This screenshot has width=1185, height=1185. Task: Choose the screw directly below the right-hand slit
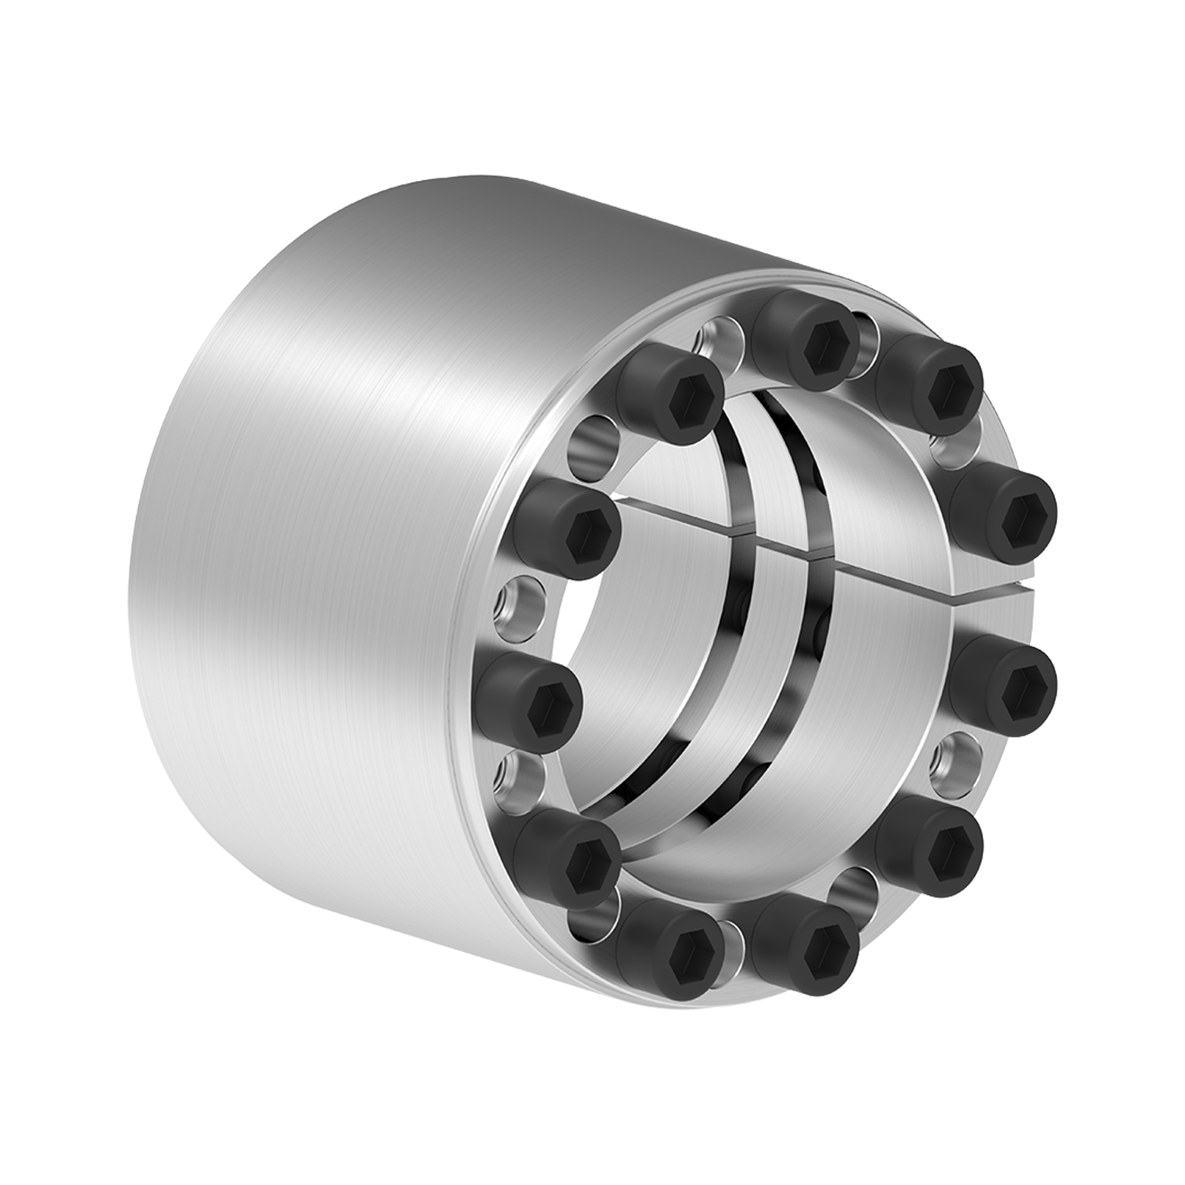pyautogui.click(x=1016, y=680)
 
